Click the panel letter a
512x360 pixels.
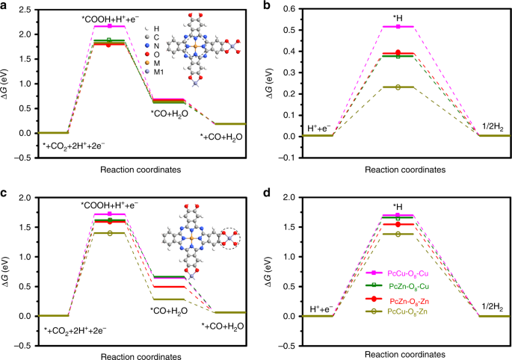point(4,6)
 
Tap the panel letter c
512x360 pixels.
point(4,193)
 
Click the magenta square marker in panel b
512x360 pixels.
point(398,26)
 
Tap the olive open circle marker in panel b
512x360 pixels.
point(398,87)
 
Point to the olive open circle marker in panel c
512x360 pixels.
point(110,233)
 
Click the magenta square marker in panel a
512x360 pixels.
point(110,26)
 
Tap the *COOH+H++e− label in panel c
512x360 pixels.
point(110,205)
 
